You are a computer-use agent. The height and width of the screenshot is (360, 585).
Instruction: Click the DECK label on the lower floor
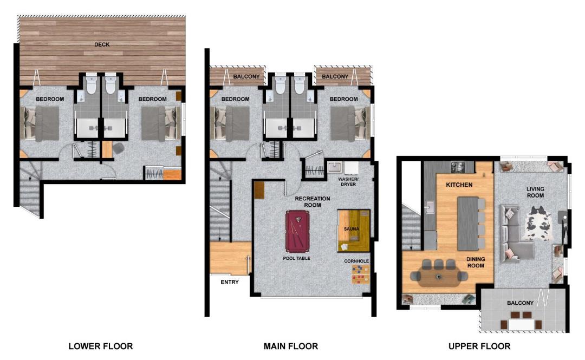pyautogui.click(x=102, y=44)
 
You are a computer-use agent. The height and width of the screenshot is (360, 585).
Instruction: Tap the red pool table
pyautogui.click(x=297, y=231)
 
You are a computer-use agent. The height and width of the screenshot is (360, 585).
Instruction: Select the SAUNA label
pyautogui.click(x=352, y=229)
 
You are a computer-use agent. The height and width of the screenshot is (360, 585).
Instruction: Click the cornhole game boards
pyautogui.click(x=360, y=274)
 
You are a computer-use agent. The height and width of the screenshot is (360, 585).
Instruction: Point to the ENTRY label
pyautogui.click(x=230, y=282)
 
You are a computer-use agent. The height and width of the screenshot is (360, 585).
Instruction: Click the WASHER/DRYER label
pyautogui.click(x=348, y=182)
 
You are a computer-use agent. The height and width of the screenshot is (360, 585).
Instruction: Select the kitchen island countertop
pyautogui.click(x=468, y=224)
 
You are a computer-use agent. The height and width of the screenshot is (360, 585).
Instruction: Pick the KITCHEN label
pyautogui.click(x=459, y=185)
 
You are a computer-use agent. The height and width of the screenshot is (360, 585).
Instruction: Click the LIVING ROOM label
pyautogui.click(x=535, y=192)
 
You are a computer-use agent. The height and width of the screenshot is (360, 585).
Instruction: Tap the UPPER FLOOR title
pyautogui.click(x=479, y=346)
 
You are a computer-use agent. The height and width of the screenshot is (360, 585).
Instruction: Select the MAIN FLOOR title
pyautogui.click(x=291, y=346)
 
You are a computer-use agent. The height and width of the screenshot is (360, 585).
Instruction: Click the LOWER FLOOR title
pyautogui.click(x=101, y=346)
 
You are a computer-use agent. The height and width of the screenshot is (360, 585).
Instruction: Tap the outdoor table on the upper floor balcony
pyautogui.click(x=522, y=324)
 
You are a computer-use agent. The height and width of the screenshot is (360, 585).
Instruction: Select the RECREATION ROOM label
pyautogui.click(x=313, y=202)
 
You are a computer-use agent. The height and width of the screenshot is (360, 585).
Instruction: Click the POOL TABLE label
pyautogui.click(x=297, y=258)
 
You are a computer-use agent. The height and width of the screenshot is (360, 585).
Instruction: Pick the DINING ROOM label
pyautogui.click(x=476, y=262)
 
